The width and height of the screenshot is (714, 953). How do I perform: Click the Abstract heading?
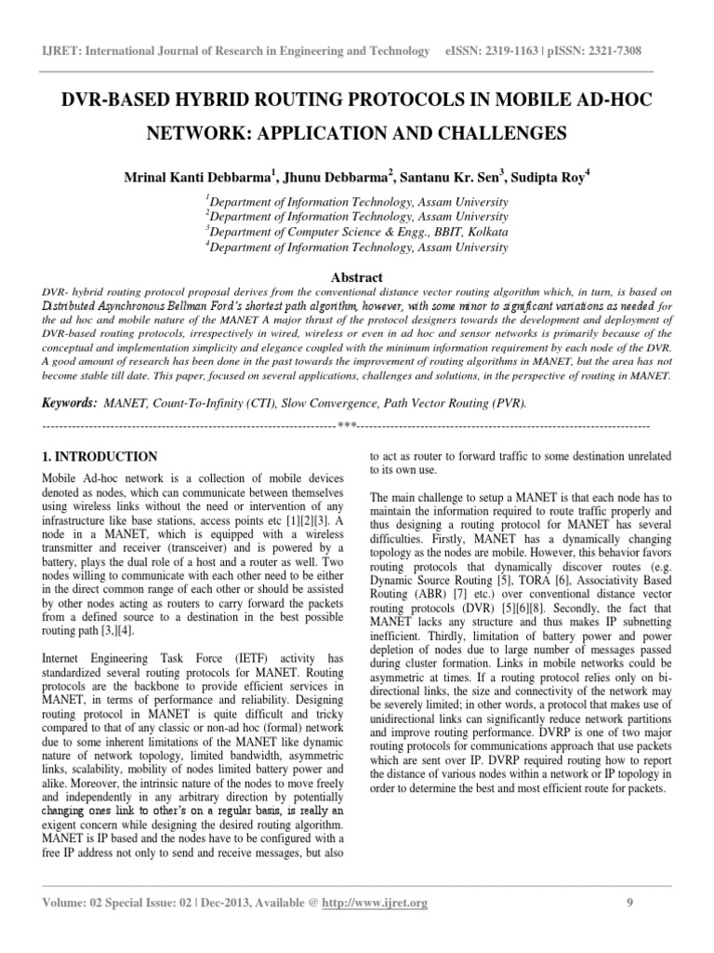[357, 277]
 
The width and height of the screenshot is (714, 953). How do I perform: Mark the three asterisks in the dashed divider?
[347, 426]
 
